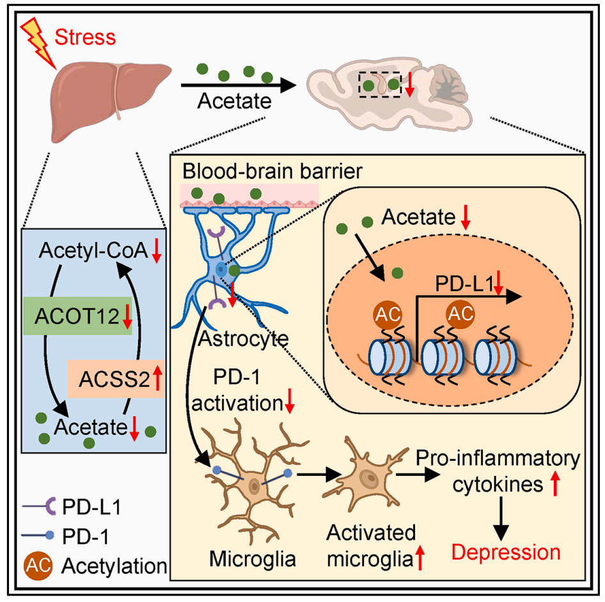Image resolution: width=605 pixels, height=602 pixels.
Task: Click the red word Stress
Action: (85, 37)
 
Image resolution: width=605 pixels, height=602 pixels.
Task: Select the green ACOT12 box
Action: (77, 315)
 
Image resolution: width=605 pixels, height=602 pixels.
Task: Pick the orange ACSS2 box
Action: (114, 379)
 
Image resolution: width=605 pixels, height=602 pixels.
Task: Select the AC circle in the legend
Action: (38, 566)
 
